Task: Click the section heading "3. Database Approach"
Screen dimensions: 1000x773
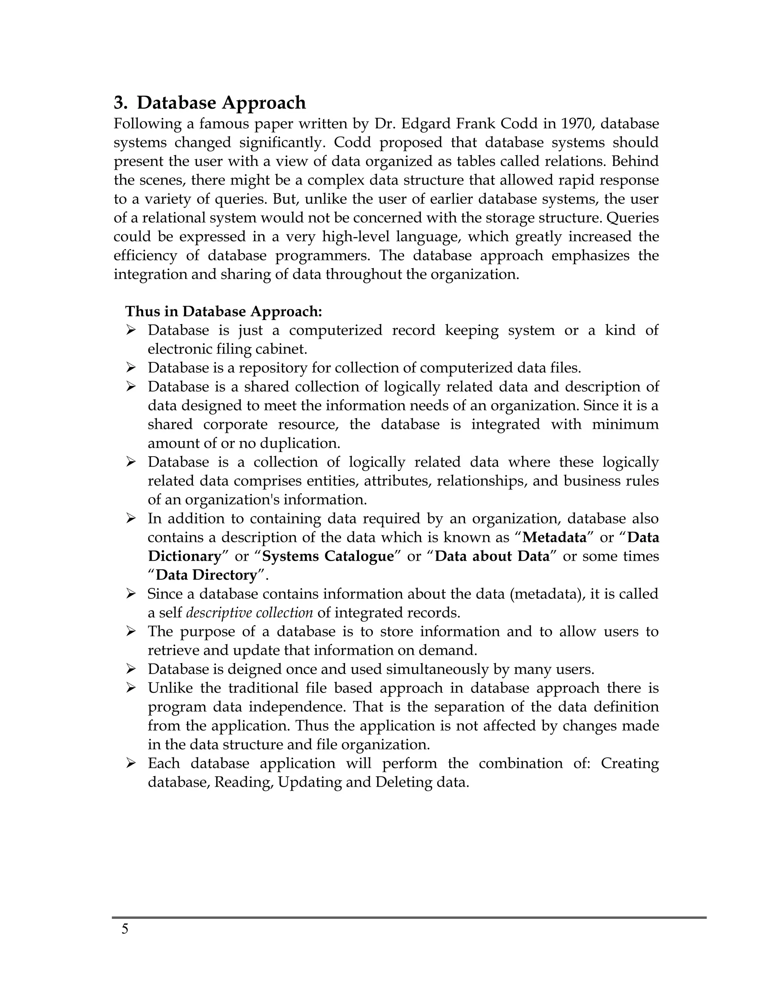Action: [210, 103]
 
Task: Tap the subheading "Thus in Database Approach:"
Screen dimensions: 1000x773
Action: [223, 312]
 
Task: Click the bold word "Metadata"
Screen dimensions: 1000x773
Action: [554, 537]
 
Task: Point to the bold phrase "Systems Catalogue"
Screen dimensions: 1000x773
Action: [328, 556]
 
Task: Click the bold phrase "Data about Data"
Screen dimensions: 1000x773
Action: [492, 556]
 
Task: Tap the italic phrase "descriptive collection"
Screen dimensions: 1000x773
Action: [249, 612]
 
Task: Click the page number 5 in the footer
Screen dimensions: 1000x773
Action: [125, 929]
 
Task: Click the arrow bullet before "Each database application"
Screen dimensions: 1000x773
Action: [131, 763]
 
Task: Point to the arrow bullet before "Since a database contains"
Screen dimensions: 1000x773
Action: [131, 594]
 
